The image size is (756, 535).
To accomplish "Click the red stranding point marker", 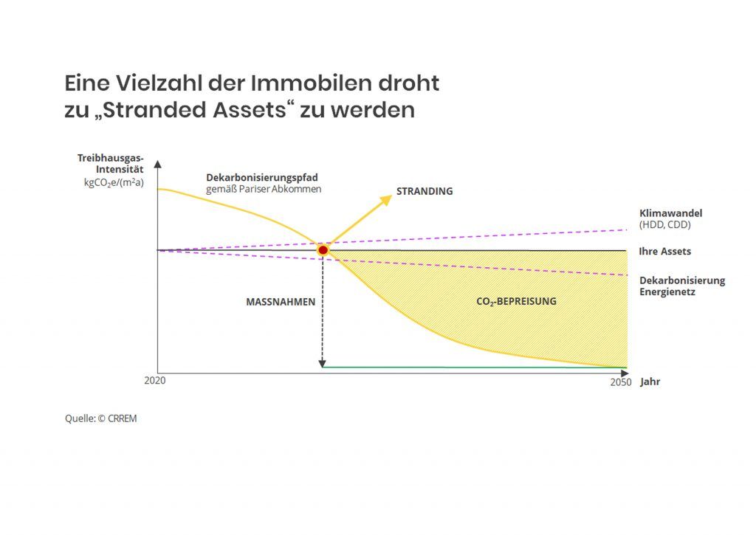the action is point(323,250).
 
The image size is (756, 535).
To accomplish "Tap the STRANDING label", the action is point(425,191).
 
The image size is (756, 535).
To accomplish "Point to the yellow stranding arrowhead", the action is point(386,200).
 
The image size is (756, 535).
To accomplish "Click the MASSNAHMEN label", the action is point(281,302).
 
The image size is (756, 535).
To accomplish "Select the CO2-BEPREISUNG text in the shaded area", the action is point(516,302).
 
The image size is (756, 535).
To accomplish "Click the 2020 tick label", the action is point(155,380).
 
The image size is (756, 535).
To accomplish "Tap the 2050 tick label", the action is point(621,382).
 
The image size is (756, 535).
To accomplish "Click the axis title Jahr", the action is point(650,382).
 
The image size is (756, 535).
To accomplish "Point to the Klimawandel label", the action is point(670,213).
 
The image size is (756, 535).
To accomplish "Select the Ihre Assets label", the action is point(665,251).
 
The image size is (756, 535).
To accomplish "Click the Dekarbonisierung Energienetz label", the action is point(682,286).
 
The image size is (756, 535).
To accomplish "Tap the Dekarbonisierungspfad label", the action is point(262,178).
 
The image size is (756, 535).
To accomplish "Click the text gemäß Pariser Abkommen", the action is point(264,189).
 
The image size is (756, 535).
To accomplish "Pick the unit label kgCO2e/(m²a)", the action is point(114,183).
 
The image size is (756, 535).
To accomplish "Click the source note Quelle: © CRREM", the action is point(100,418).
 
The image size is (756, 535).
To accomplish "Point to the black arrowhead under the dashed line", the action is point(323,364).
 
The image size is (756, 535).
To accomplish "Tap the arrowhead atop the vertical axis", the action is point(158,164).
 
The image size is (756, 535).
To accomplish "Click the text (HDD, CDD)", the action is point(665,224).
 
